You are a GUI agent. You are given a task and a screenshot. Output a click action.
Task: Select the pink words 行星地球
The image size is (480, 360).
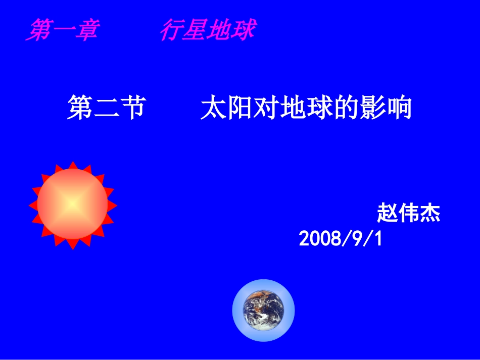[207, 30]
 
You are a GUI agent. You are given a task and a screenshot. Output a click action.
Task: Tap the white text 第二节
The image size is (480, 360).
[107, 108]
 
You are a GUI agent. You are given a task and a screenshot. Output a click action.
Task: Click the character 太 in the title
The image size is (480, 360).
[214, 108]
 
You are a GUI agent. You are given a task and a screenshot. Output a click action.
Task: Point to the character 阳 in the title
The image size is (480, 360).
[241, 108]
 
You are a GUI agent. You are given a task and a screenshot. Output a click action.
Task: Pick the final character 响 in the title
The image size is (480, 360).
[399, 108]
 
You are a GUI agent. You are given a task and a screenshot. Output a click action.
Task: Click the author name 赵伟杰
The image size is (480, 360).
[408, 213]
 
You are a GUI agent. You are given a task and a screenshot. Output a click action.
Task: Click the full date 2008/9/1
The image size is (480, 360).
[341, 239]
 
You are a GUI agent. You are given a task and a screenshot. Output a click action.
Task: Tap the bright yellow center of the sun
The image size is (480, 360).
[73, 204]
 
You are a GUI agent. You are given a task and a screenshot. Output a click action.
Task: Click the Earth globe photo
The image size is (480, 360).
[263, 310]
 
